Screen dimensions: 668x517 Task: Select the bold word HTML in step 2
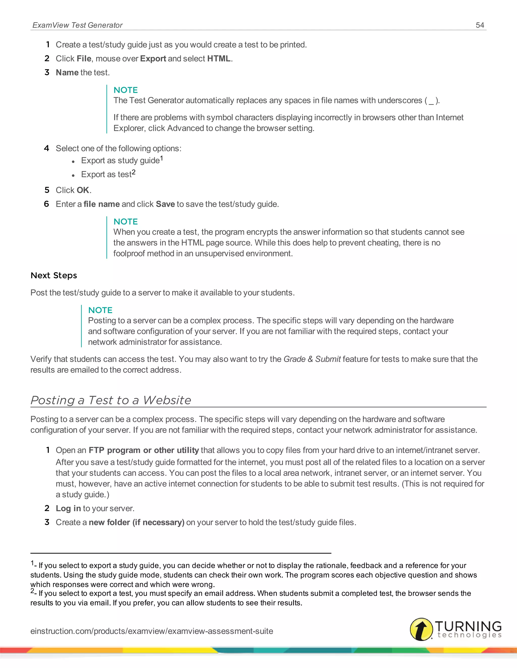[219, 58]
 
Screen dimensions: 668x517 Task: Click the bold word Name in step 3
[67, 73]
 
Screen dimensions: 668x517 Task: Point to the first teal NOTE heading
[125, 90]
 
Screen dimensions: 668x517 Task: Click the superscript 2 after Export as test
[134, 172]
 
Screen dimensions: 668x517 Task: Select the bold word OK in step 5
[83, 190]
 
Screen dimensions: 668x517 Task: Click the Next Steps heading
[54, 275]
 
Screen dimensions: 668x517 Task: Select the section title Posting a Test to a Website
[111, 400]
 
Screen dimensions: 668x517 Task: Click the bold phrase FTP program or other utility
[144, 450]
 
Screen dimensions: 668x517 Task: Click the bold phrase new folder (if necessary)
[136, 522]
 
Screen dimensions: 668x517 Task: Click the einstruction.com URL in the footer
[152, 631]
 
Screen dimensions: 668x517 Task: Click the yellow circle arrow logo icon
[421, 629]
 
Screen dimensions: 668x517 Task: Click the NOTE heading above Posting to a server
[100, 310]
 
